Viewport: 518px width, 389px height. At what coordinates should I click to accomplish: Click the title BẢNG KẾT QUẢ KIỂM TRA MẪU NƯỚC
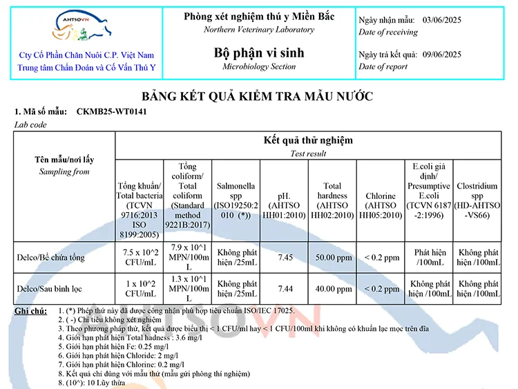pyautogui.click(x=258, y=95)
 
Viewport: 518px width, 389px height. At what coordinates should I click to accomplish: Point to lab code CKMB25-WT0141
pyautogui.click(x=111, y=111)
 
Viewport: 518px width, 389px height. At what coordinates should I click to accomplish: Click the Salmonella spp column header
pyautogui.click(x=236, y=200)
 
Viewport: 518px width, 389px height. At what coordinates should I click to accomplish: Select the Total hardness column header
pyautogui.click(x=332, y=200)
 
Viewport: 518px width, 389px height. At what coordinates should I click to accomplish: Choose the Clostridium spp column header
pyautogui.click(x=477, y=200)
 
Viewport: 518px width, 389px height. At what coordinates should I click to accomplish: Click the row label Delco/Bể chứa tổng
pyautogui.click(x=51, y=258)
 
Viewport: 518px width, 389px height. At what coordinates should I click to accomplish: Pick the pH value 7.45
pyautogui.click(x=285, y=258)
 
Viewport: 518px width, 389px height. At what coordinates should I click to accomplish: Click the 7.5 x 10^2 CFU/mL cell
pyautogui.click(x=139, y=257)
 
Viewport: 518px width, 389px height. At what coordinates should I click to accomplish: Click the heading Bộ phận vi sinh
pyautogui.click(x=259, y=53)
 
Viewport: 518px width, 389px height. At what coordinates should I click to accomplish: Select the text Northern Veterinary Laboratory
pyautogui.click(x=259, y=30)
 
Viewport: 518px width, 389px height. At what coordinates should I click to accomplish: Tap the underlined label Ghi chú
pyautogui.click(x=30, y=312)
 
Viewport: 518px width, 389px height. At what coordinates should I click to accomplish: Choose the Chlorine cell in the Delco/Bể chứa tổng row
pyautogui.click(x=381, y=258)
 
